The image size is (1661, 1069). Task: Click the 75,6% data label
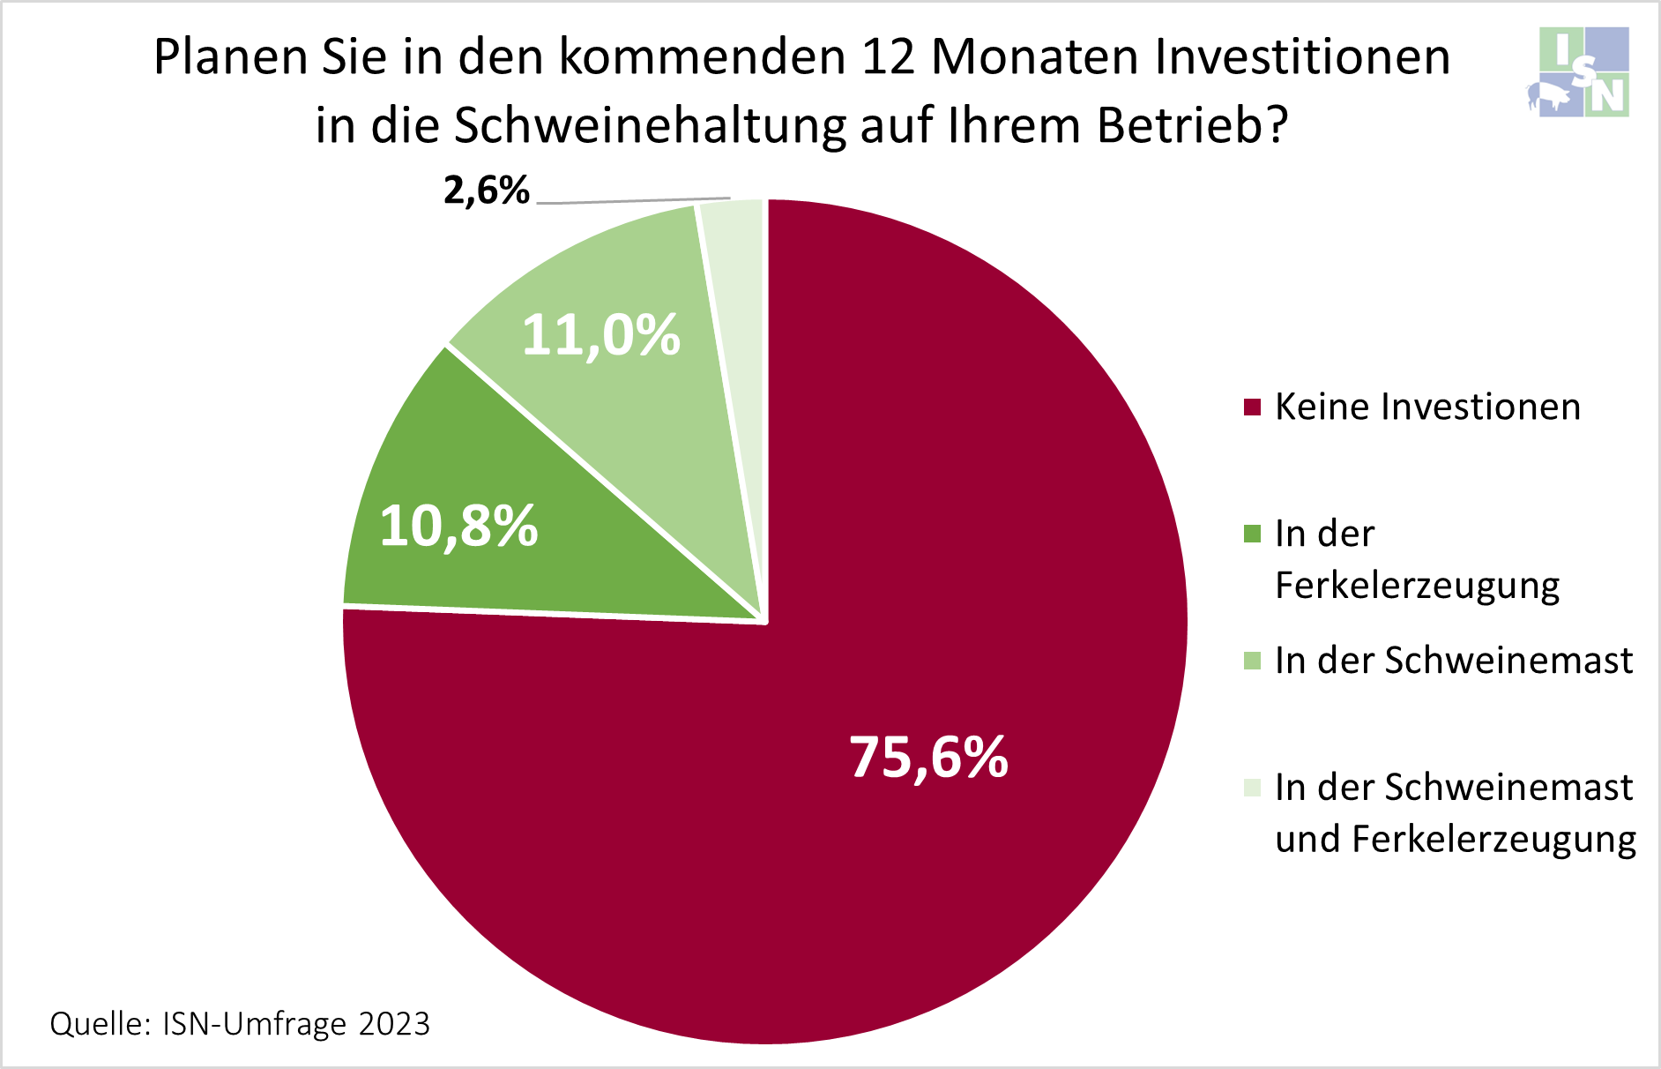point(928,757)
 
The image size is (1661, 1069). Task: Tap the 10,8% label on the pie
point(458,526)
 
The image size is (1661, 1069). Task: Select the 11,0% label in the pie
point(601,335)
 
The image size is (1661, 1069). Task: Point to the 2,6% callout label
point(487,190)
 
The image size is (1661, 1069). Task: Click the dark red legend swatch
point(1252,407)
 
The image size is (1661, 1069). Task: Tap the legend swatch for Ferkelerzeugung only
point(1252,534)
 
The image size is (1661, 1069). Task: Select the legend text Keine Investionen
point(1427,407)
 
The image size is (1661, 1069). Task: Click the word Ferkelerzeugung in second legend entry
point(1417,585)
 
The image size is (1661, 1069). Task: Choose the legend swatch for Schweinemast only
point(1252,661)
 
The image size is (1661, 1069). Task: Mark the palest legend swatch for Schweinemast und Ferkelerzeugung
point(1252,787)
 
